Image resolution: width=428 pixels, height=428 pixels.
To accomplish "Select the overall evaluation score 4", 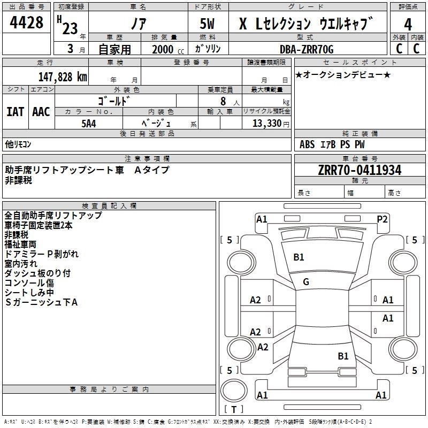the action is pyautogui.click(x=408, y=24).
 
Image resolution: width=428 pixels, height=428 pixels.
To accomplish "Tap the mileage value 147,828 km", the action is pyautogui.click(x=63, y=77).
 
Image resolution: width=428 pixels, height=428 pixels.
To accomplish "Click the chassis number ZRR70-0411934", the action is pyautogui.click(x=359, y=170).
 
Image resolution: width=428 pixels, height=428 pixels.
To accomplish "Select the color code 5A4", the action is pyautogui.click(x=88, y=123).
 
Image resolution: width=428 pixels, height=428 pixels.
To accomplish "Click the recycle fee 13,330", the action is pyautogui.click(x=267, y=123).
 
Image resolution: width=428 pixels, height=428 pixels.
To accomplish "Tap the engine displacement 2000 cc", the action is pyautogui.click(x=163, y=49).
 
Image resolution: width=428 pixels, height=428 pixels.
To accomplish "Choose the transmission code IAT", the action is pyautogui.click(x=15, y=112).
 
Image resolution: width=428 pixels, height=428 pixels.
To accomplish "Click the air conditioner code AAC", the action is pyautogui.click(x=41, y=112).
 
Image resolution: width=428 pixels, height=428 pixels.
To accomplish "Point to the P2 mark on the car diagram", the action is pyautogui.click(x=382, y=218).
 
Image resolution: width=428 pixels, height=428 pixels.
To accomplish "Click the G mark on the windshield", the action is pyautogui.click(x=306, y=282).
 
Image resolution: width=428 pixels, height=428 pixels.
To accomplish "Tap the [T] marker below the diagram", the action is pyautogui.click(x=234, y=409).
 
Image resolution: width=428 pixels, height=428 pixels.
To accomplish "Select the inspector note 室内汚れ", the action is pyautogui.click(x=21, y=264).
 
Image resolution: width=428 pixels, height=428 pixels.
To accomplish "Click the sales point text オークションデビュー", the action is pyautogui.click(x=342, y=74).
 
